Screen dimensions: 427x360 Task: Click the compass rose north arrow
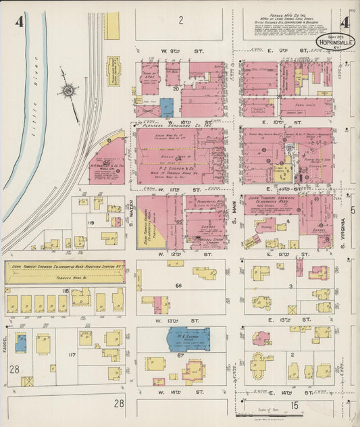tap(68, 90)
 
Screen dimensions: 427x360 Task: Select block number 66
tap(179, 286)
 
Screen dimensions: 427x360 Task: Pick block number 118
tap(65, 291)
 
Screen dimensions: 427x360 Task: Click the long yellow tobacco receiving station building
tap(65, 272)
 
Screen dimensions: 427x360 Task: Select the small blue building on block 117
tap(21, 342)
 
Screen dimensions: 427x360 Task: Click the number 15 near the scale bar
tap(294, 405)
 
